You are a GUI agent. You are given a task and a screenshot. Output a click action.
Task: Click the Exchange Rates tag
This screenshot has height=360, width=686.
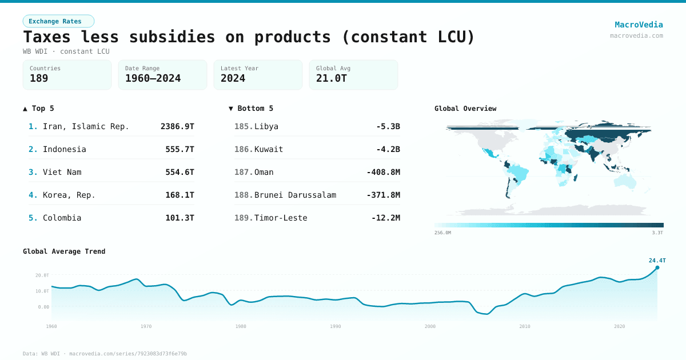coord(58,21)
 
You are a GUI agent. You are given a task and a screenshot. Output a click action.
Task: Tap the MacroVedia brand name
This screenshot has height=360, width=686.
coord(639,25)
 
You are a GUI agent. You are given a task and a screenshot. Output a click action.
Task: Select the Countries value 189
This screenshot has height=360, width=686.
coord(39,78)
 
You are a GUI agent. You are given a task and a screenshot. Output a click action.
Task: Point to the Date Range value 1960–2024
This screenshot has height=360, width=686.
coord(153,78)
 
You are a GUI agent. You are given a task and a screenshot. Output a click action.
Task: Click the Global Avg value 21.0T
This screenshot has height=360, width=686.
coord(332,78)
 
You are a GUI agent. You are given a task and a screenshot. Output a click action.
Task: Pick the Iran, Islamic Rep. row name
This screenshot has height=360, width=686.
coord(86,126)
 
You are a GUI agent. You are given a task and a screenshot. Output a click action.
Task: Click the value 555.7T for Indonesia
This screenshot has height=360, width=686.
coord(177,149)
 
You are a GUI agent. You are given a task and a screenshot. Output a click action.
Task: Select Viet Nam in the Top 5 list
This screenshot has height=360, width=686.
coord(62,172)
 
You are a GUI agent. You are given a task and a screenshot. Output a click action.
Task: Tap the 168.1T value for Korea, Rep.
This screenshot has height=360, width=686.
coord(177,195)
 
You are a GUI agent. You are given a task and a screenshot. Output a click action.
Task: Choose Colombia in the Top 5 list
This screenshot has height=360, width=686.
coord(62,218)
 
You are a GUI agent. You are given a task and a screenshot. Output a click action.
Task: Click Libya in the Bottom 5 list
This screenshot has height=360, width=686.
coord(266,126)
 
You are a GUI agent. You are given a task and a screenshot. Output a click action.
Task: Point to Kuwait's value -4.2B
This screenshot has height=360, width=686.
coord(387,149)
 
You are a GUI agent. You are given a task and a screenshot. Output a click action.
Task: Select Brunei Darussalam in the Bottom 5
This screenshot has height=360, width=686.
coord(295,195)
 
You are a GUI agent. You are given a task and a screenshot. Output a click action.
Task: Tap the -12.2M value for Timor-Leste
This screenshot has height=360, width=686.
coord(385,218)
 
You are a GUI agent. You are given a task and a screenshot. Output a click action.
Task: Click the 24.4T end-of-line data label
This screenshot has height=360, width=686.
coord(657,261)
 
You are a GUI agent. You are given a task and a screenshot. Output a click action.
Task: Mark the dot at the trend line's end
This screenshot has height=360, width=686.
coord(657,267)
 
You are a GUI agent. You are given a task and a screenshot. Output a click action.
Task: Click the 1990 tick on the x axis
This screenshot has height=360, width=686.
coord(336,326)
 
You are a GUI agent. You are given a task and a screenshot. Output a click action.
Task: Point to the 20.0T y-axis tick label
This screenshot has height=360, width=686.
coord(42,275)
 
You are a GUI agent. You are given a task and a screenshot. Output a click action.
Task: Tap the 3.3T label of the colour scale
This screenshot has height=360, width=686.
coord(657,233)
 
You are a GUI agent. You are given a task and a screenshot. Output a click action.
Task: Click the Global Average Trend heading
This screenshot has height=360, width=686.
coord(64,251)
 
